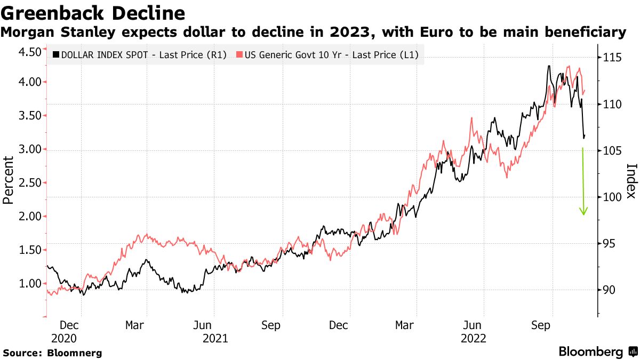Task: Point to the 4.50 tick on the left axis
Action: (30, 52)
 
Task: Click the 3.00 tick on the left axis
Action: (30, 149)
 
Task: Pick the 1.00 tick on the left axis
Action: (30, 283)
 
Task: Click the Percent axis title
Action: (8, 180)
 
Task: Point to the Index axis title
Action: (631, 180)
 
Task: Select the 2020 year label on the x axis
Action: (64, 338)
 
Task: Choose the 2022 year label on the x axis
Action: (473, 338)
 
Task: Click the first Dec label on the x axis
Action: (69, 325)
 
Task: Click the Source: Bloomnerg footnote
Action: (52, 353)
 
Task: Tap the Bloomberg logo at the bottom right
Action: (597, 352)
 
